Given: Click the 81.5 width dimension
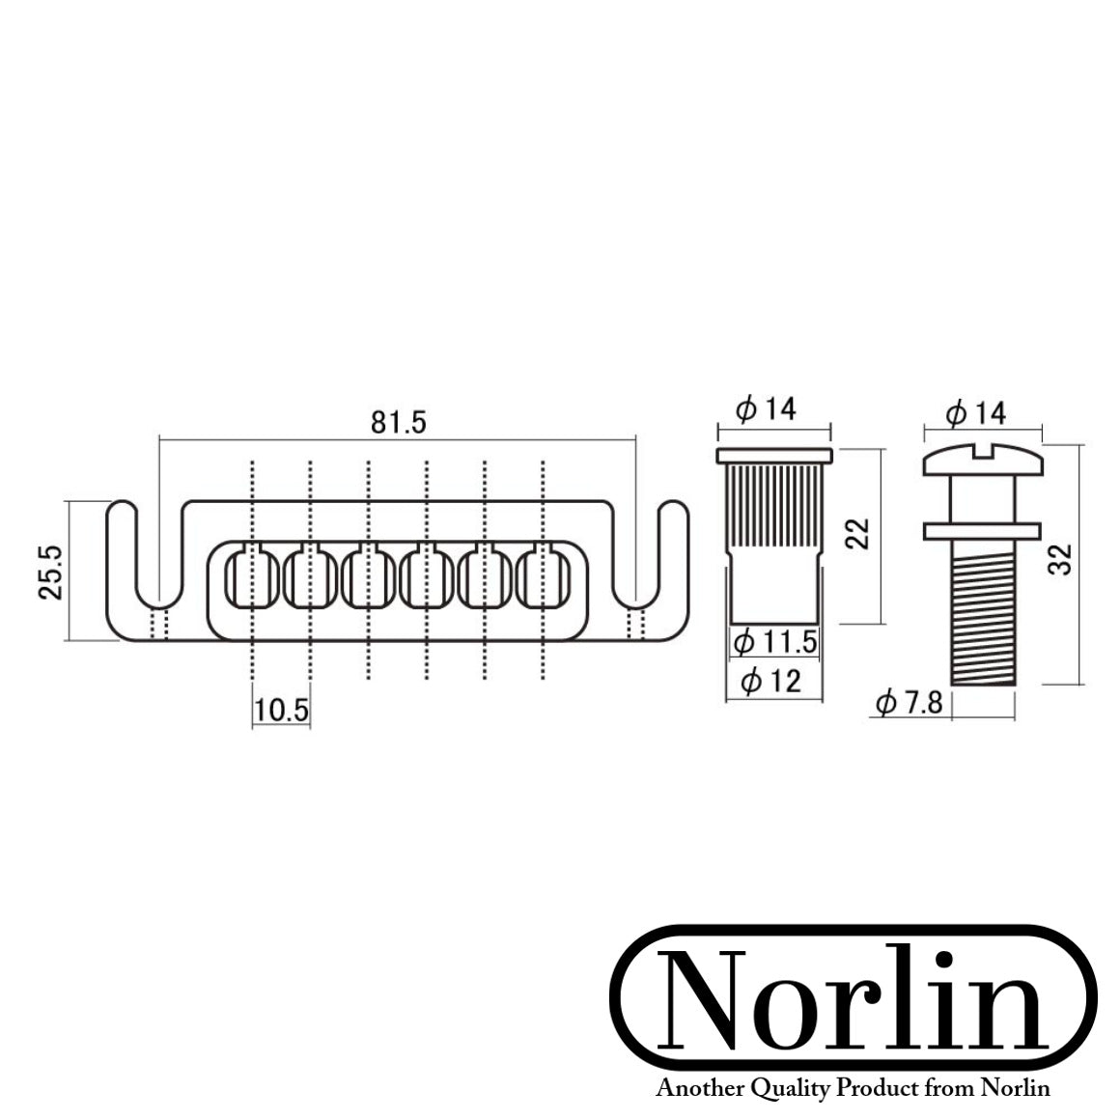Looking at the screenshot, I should tap(398, 423).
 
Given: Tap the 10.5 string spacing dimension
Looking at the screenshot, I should tap(281, 711).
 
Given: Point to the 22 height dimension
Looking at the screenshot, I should tap(858, 533).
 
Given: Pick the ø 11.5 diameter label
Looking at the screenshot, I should tap(774, 641).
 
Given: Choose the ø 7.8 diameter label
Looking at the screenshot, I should tap(909, 703).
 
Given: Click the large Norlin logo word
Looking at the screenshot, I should tap(854, 1002).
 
